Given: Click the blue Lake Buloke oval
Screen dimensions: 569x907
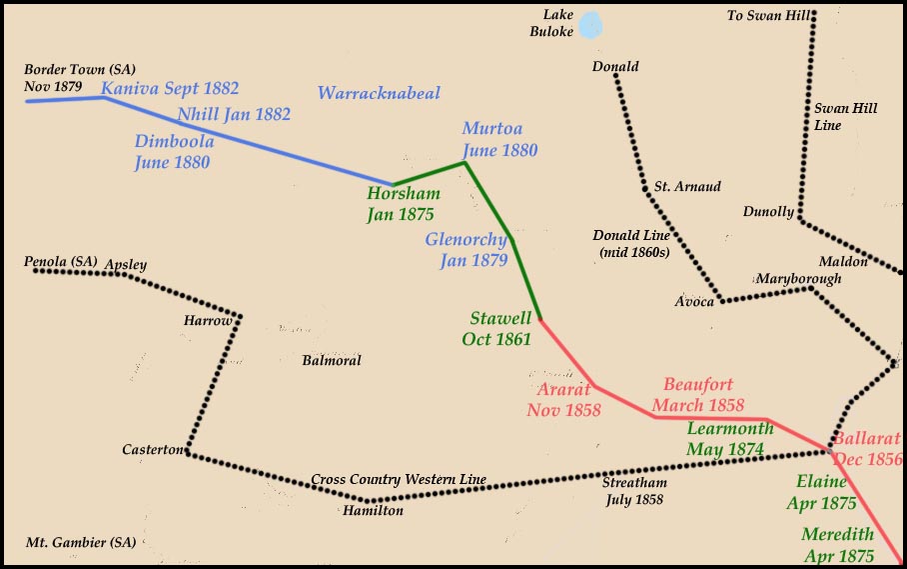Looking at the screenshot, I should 591,25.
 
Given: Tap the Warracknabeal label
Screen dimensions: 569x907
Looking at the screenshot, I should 379,94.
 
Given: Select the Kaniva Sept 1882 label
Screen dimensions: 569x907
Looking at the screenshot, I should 170,89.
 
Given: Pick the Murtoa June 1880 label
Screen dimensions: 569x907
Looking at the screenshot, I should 499,140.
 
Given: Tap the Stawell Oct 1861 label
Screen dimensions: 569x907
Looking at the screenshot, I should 500,328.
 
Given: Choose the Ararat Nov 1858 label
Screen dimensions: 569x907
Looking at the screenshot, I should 563,399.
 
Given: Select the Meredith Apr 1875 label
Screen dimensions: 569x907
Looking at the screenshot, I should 838,545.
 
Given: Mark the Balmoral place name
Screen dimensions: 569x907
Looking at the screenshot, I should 331,361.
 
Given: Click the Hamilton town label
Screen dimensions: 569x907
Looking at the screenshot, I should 373,511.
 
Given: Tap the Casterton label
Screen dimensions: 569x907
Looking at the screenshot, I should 153,450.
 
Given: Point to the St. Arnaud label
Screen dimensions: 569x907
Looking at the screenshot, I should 687,187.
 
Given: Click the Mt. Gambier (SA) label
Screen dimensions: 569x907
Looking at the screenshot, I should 81,543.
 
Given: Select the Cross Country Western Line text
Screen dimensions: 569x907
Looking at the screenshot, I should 399,480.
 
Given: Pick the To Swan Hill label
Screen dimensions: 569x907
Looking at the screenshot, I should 765,15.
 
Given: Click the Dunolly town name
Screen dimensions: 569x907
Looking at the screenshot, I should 768,212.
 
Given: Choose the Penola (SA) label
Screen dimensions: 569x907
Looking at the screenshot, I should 61,262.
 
